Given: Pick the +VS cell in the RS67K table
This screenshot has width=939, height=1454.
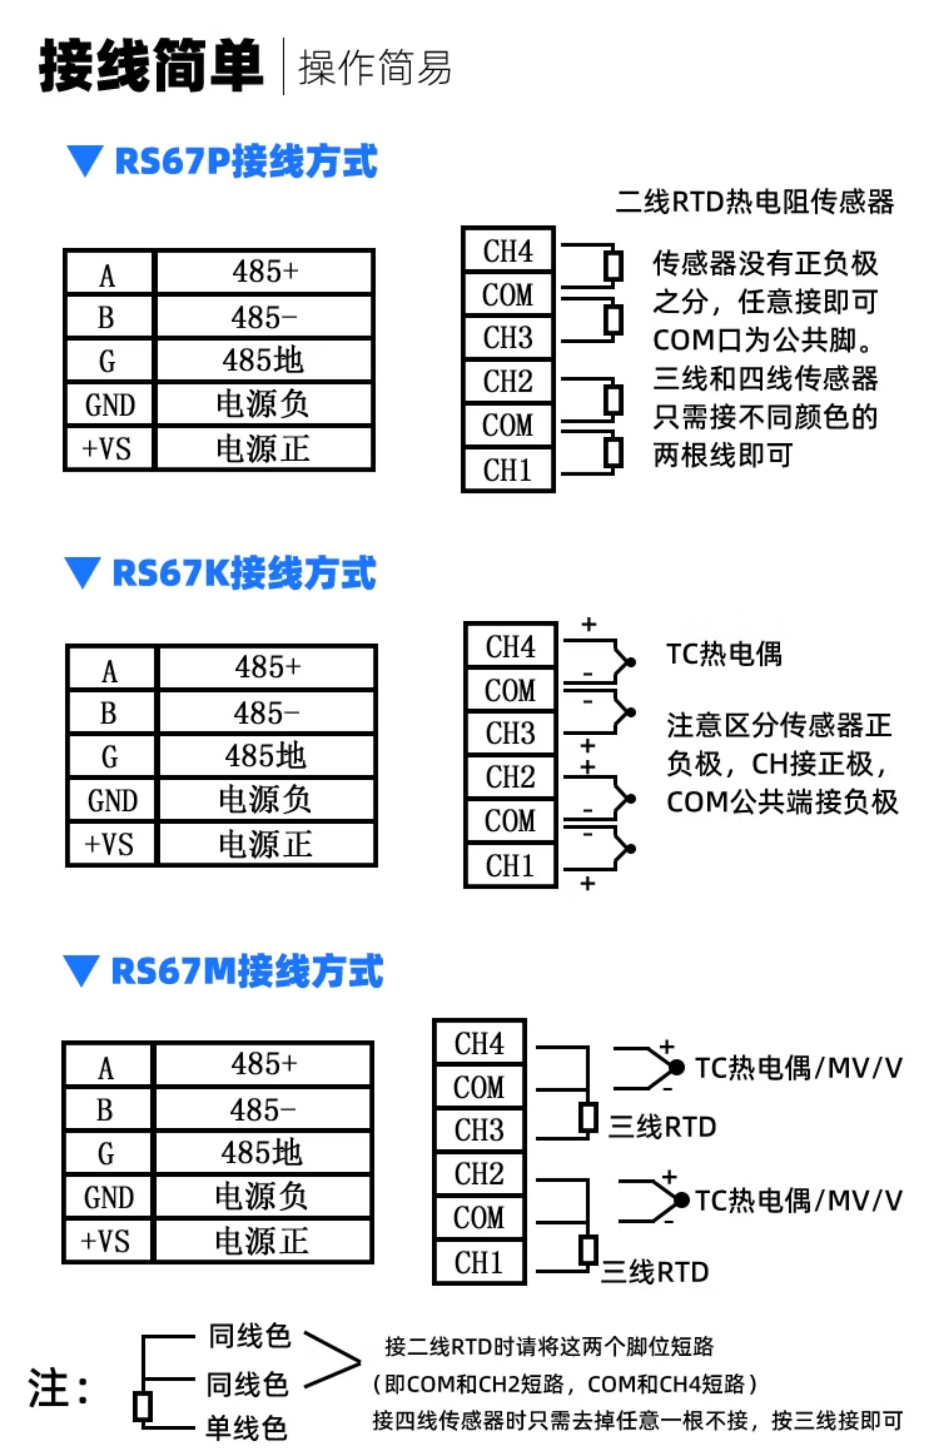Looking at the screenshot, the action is [x=110, y=844].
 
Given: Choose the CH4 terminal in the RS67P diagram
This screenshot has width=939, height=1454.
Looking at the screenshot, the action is [x=508, y=251].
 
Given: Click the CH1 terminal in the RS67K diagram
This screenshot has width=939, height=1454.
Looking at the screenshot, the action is [x=510, y=866].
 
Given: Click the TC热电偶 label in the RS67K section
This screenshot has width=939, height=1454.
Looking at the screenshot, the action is [x=724, y=654].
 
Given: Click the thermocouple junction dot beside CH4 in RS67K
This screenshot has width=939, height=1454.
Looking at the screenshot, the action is [x=631, y=662].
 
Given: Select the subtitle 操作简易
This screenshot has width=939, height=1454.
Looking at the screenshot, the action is [x=374, y=67].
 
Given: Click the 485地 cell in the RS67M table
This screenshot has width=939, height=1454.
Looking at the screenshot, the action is [x=262, y=1152].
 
